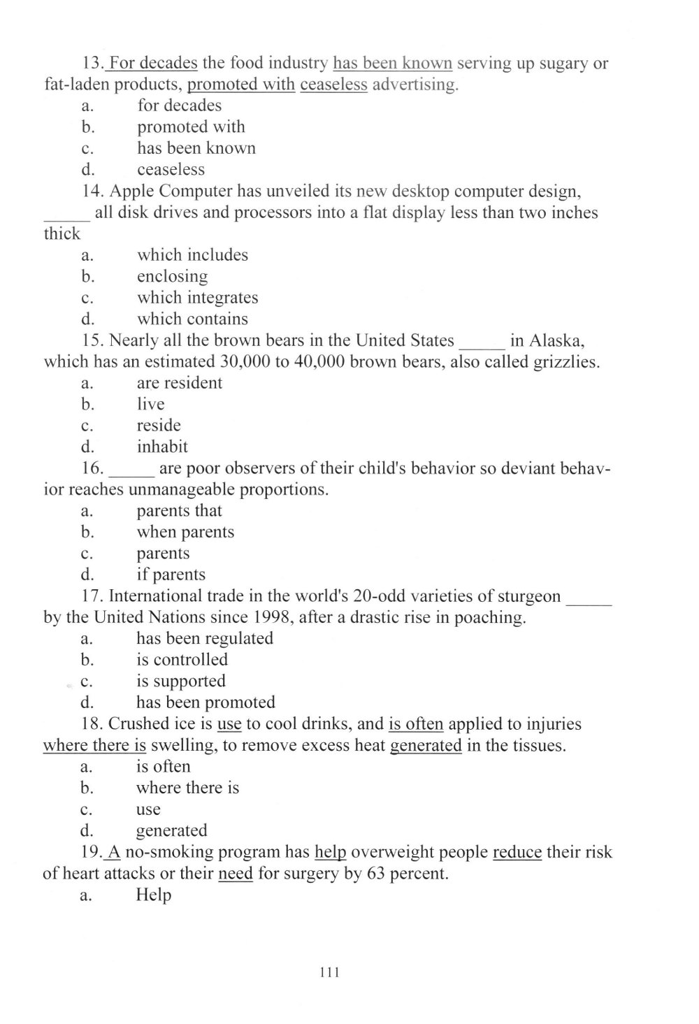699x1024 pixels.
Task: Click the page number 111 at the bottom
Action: [x=329, y=972]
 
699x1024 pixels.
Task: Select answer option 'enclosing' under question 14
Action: [x=172, y=276]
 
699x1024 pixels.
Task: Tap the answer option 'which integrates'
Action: [x=197, y=298]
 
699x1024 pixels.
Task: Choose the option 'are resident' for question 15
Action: [x=179, y=383]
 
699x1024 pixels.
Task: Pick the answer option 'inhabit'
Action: [x=162, y=447]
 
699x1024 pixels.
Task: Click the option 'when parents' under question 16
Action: [x=185, y=532]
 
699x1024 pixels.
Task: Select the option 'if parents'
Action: [x=171, y=575]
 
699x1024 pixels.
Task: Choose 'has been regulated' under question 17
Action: [x=204, y=638]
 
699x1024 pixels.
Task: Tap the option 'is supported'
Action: [x=180, y=681]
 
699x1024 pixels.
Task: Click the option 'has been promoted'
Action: [x=206, y=702]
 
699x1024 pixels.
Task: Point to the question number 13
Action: [x=92, y=64]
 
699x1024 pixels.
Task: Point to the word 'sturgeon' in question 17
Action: [x=528, y=596]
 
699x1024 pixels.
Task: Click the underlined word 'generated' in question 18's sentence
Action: [x=425, y=746]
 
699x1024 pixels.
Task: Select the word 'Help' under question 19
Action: [x=153, y=895]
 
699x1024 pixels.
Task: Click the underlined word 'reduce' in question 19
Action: [x=517, y=853]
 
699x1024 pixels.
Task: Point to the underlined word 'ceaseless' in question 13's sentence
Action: [x=333, y=85]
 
